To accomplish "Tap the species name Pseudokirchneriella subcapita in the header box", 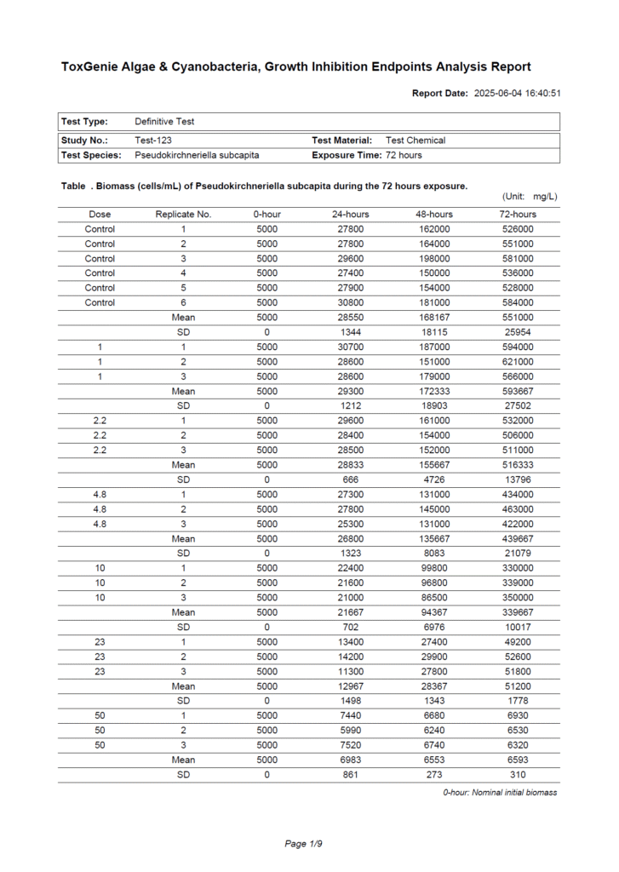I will point(197,155).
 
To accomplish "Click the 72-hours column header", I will point(518,214).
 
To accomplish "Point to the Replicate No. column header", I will point(183,214).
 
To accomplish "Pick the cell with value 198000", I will point(434,258).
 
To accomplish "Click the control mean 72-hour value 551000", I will point(518,317).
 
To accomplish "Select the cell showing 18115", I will point(434,331).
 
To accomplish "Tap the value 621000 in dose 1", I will point(518,361).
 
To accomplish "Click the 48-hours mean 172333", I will point(434,391).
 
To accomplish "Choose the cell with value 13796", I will point(518,479).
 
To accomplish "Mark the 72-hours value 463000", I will point(518,508).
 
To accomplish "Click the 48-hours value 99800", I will point(434,567).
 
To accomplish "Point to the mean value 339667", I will point(518,611).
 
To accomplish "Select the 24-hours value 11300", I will point(350,670).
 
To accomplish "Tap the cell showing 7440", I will point(350,715).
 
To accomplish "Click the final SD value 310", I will point(518,774).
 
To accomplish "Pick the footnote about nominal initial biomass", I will point(500,793).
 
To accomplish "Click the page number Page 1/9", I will point(303,843).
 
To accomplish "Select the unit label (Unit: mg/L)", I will point(530,198).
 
